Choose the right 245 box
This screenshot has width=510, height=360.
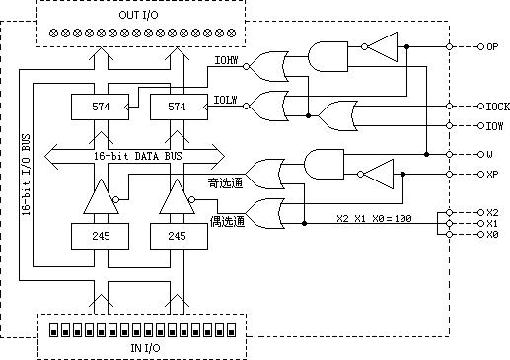click(x=174, y=237)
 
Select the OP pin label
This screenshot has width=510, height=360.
click(x=492, y=46)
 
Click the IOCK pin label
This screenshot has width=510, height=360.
click(x=496, y=106)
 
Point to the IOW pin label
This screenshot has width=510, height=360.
click(x=494, y=125)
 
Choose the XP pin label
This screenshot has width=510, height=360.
click(x=492, y=174)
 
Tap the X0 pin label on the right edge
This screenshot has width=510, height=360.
click(x=492, y=235)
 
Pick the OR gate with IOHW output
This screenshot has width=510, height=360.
click(x=266, y=66)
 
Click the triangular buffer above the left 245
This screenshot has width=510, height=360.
click(x=97, y=199)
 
